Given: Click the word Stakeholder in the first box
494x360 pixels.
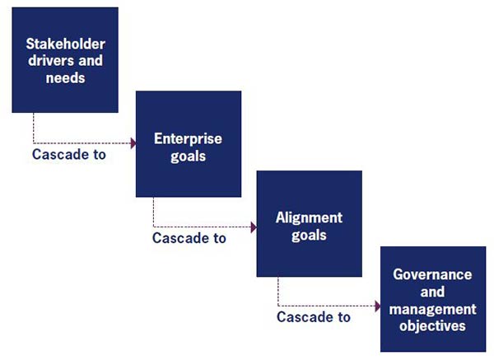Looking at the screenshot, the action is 66,44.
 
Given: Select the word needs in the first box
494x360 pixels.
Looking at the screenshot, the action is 66,78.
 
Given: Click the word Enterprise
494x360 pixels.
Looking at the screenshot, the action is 188,139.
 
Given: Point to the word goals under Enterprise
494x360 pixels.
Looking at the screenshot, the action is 188,157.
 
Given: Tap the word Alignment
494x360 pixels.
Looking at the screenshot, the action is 309,217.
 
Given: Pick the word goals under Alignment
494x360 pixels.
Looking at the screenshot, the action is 309,236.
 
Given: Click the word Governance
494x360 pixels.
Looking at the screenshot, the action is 432,274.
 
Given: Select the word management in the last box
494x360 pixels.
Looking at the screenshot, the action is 433,309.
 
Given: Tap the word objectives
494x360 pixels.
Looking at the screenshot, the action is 432,326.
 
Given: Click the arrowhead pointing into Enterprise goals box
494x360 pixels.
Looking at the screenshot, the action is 133,143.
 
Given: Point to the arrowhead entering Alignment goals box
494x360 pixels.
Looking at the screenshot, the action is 254,227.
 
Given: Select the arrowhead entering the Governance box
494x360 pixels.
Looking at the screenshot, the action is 378,306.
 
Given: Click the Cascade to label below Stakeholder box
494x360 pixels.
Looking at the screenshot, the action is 69,155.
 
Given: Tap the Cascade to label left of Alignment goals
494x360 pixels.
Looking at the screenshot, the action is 189,238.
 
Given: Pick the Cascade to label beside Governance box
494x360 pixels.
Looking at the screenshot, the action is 314,317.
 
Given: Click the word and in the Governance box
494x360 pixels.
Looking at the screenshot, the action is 432,292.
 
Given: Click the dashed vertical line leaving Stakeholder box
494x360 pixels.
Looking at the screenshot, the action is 34,128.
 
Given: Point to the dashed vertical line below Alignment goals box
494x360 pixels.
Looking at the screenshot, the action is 278,292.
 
